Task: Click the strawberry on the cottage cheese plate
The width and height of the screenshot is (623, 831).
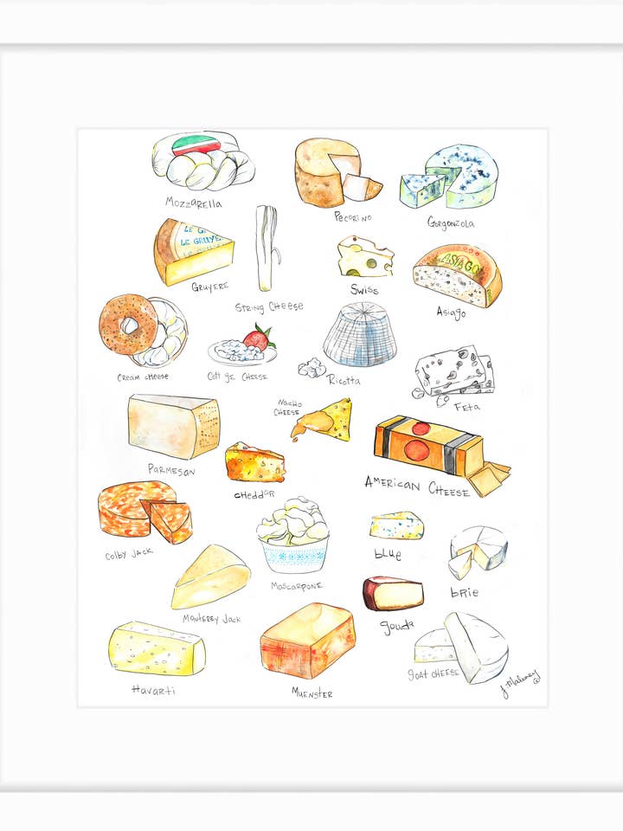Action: pos(258,336)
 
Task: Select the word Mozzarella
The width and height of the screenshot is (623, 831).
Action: pos(194,203)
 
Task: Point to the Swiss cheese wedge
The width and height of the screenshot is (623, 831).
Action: pos(364,256)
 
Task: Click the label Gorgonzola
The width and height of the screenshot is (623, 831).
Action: pos(450,222)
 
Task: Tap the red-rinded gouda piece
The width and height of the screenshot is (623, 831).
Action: pos(393,593)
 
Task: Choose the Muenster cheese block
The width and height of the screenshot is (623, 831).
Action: pos(307,641)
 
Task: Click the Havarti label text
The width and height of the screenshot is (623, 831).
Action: pos(154,690)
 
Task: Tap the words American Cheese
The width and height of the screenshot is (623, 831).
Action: pos(417,486)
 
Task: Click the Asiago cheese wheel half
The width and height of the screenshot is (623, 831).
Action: pos(457,275)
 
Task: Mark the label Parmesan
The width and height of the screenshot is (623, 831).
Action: pos(170,470)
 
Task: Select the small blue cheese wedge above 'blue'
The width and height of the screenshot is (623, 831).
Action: pos(396,525)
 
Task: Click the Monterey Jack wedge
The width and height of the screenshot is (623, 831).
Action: pos(210,577)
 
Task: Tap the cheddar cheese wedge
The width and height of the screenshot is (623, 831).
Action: pos(254,463)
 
